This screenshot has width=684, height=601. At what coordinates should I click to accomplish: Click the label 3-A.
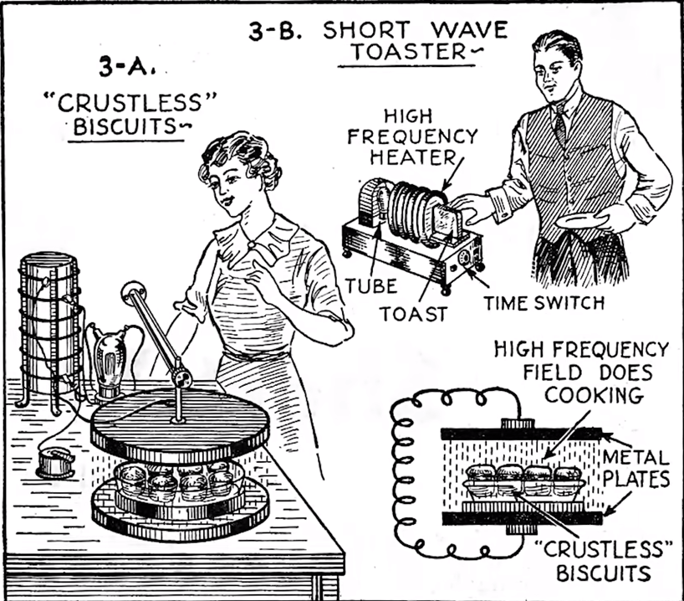click(127, 67)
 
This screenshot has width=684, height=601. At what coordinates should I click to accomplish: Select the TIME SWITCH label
click(544, 303)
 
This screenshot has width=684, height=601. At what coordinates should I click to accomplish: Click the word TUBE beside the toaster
click(371, 286)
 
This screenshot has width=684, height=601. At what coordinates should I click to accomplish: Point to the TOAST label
click(414, 314)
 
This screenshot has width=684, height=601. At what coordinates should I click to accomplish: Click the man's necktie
click(560, 125)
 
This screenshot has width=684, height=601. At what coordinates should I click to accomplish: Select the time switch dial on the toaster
click(464, 259)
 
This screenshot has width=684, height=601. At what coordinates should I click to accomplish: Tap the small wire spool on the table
click(55, 463)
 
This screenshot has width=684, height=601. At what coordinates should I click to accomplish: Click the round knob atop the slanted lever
click(134, 293)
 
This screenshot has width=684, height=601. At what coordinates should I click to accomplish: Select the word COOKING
click(594, 395)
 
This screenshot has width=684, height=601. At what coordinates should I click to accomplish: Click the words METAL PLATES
click(636, 468)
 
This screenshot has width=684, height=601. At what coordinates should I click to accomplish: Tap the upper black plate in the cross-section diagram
click(521, 434)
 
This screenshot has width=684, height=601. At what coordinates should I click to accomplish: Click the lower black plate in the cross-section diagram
click(522, 518)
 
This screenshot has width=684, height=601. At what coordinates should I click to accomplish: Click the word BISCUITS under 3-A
click(125, 126)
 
